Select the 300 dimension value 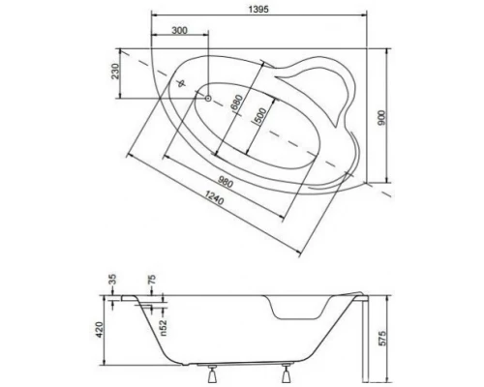178,31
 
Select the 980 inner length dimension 225,184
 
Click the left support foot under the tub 215,370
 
